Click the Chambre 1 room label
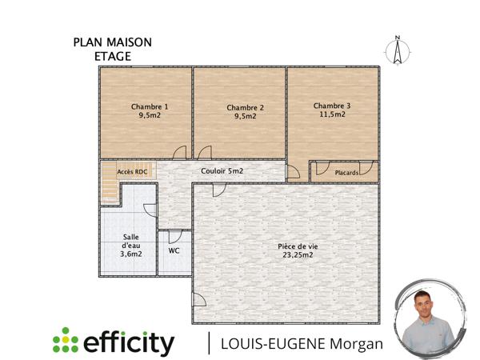point(150,106)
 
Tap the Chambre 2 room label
point(245,107)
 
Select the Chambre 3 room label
point(332,106)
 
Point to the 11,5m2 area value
point(332,114)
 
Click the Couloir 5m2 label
point(222,171)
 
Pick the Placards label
point(346,172)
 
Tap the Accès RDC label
point(131,171)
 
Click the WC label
point(174,250)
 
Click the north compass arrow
point(396,49)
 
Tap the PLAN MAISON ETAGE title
point(112,50)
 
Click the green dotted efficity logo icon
point(65,342)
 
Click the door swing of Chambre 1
point(181,153)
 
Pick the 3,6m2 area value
point(130,254)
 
